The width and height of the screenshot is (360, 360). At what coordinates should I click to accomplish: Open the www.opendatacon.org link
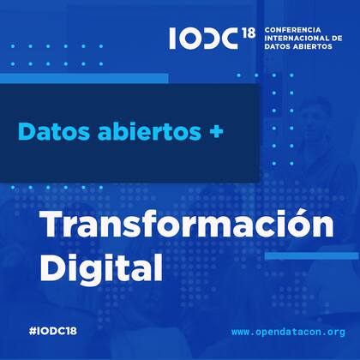[x=288, y=331]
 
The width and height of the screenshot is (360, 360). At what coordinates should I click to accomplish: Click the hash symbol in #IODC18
[x=32, y=330]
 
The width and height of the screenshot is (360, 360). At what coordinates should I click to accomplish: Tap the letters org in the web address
[x=335, y=332]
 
